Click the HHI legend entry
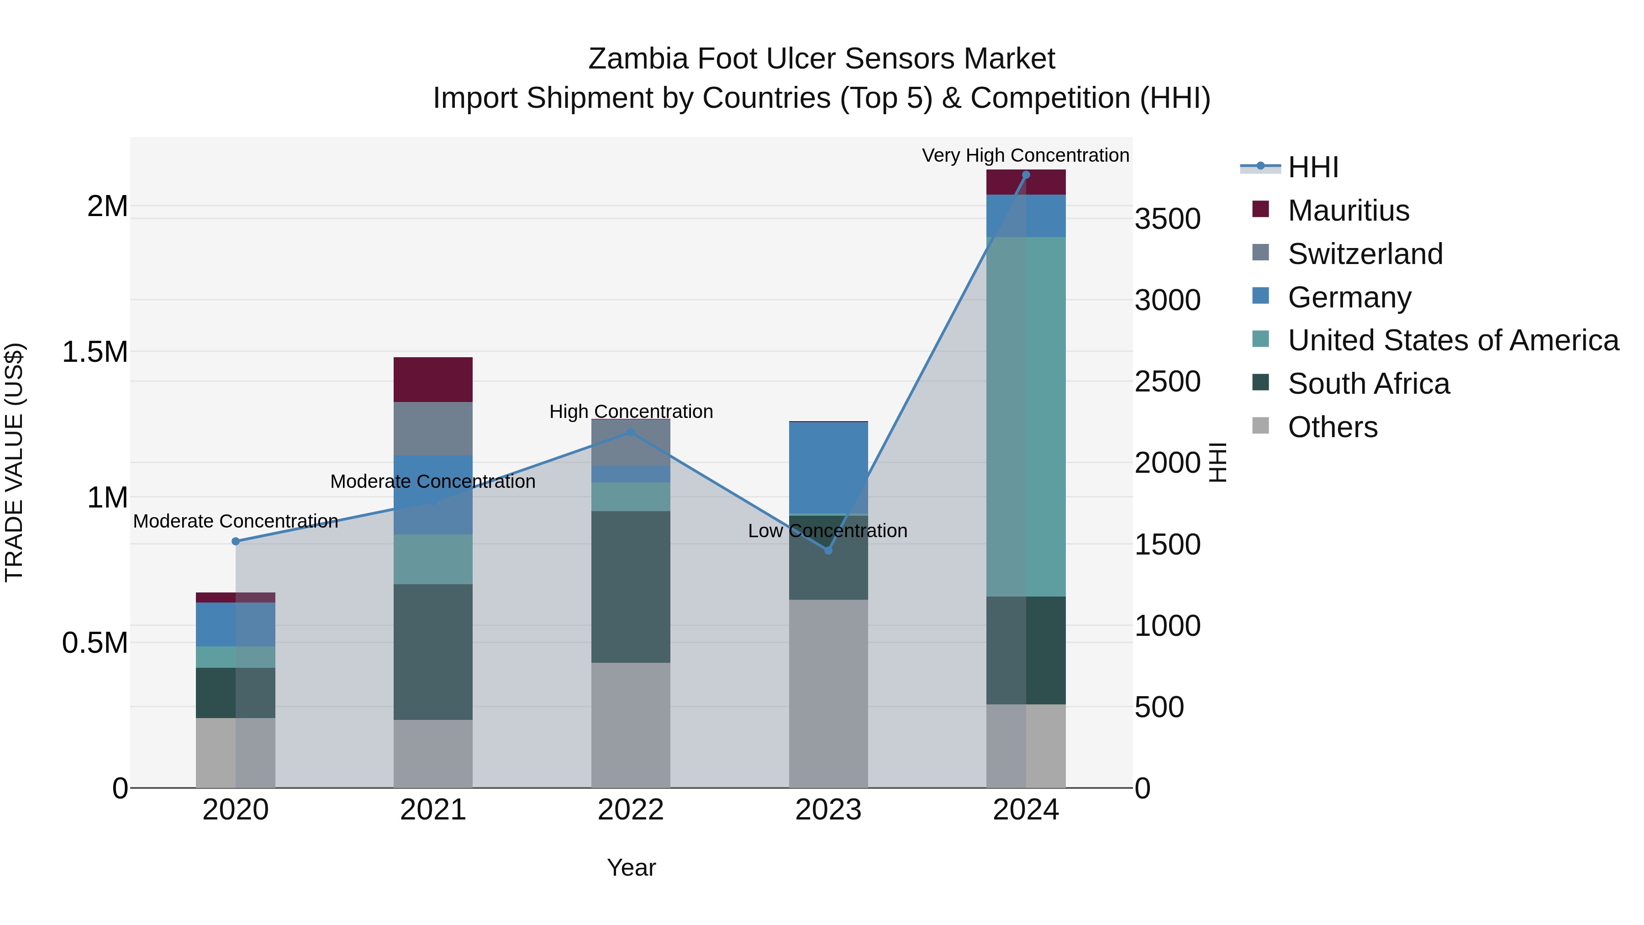(x=1312, y=167)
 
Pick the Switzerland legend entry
(x=1365, y=254)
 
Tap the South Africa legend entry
(x=1368, y=384)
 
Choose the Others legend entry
(x=1332, y=427)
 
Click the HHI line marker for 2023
(x=828, y=550)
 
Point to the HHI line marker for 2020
(x=236, y=541)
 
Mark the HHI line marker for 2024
(x=1026, y=175)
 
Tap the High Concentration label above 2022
(x=631, y=412)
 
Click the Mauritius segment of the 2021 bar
(x=433, y=379)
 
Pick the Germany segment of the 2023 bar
(x=828, y=467)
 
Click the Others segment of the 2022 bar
(x=631, y=724)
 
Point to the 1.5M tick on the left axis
(x=95, y=352)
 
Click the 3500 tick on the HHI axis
(x=1167, y=219)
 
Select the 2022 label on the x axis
(x=631, y=810)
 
